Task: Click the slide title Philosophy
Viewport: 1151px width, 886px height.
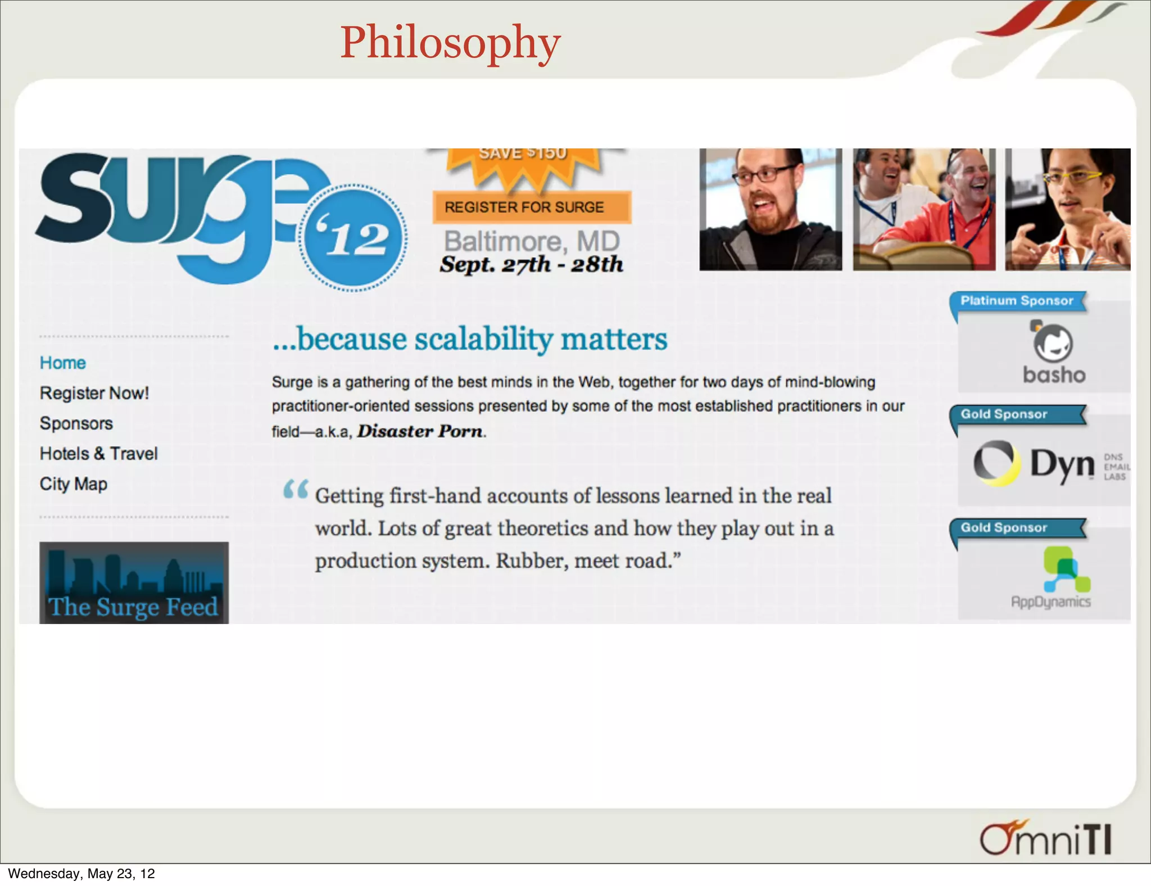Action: (450, 43)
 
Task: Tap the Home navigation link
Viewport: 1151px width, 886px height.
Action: (63, 363)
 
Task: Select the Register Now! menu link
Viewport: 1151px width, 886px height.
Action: (94, 393)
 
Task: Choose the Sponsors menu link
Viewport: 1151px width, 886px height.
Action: (76, 423)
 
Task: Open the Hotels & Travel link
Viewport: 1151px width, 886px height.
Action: (99, 454)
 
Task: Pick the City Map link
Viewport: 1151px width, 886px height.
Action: (74, 484)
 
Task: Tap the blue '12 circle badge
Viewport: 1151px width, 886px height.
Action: (353, 238)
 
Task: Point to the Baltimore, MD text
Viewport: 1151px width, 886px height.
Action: (532, 242)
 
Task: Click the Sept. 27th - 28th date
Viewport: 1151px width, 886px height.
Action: (532, 264)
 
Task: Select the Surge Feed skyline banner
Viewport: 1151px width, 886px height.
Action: (134, 583)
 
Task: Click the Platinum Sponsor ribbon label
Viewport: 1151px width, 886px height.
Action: (1017, 301)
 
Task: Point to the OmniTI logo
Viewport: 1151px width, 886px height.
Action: (1046, 839)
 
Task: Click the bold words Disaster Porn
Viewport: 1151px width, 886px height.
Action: (420, 431)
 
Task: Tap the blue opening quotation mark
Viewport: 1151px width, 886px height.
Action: (296, 489)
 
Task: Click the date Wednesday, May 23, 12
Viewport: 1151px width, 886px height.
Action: (81, 874)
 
